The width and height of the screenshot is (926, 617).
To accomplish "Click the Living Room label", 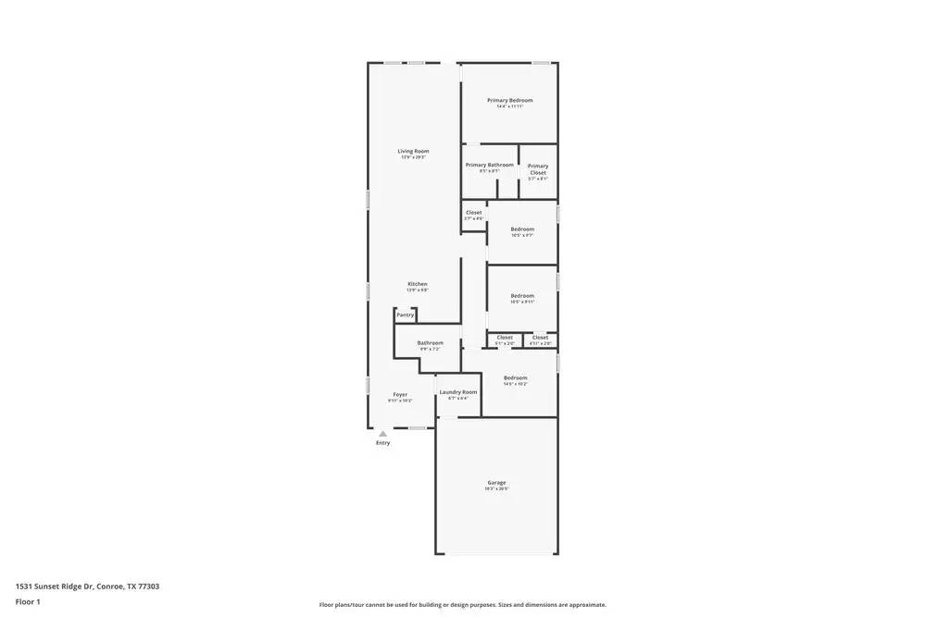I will (413, 151).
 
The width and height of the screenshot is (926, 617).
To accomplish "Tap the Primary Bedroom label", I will (509, 100).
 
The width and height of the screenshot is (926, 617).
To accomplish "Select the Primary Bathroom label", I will (489, 165).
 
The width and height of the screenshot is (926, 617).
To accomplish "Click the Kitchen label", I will (418, 284).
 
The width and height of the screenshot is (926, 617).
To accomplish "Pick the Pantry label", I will (405, 315).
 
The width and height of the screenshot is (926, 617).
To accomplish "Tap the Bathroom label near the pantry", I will (430, 342).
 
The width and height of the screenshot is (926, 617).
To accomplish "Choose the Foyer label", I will (400, 394).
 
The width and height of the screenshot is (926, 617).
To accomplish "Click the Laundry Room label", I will (458, 392).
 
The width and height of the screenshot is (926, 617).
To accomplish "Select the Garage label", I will (496, 482).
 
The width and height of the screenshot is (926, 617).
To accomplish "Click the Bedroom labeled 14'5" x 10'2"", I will (515, 377).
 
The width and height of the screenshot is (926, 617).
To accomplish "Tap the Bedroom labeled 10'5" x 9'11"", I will (522, 296).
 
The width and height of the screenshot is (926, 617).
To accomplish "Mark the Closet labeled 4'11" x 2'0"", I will (540, 338).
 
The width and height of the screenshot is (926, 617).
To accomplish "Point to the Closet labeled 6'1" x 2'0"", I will (505, 338).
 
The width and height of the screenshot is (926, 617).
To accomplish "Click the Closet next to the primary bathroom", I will (473, 213).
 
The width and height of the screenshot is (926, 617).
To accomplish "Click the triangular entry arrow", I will (382, 433).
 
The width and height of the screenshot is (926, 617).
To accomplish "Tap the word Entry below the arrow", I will (382, 443).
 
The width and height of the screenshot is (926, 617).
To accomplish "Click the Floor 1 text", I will (28, 601).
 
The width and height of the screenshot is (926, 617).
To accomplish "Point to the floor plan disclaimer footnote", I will (462, 604).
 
